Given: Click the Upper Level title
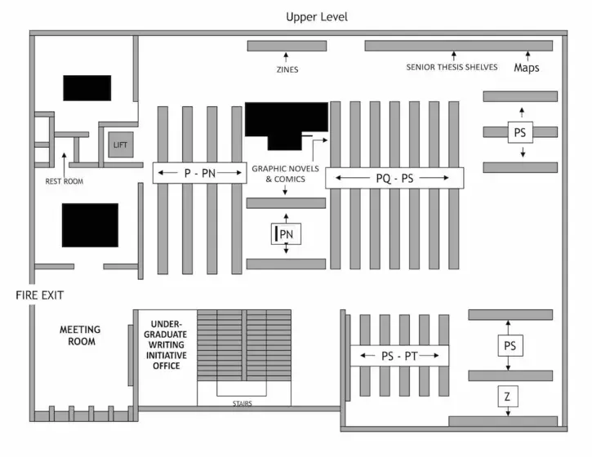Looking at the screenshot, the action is (x=316, y=17).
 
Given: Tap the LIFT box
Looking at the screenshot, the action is (x=121, y=144).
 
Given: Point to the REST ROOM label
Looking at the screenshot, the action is (x=65, y=181).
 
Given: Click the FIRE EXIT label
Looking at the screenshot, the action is (x=40, y=295).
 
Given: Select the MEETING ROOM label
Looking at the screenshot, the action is (x=80, y=335).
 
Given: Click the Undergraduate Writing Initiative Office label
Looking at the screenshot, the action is (x=166, y=345).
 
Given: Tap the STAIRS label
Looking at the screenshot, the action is (x=243, y=403).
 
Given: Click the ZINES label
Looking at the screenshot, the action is (x=287, y=69).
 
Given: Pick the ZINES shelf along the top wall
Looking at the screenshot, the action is (x=287, y=46).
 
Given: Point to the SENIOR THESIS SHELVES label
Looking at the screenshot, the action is (x=452, y=67).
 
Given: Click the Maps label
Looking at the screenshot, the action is (x=527, y=68).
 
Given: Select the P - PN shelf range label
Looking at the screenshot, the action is (x=200, y=173).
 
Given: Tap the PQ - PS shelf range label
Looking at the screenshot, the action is (x=394, y=178).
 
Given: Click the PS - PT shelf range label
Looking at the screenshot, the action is (x=399, y=356).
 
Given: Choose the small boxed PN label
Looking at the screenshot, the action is (x=286, y=234).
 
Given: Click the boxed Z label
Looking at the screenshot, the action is (x=508, y=397).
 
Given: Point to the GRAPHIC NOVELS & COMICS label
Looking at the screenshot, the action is (x=286, y=174).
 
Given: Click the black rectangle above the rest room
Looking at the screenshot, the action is (x=87, y=88).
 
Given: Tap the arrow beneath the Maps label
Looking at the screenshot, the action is (x=527, y=56).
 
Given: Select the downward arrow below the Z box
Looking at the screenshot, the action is (x=508, y=411).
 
